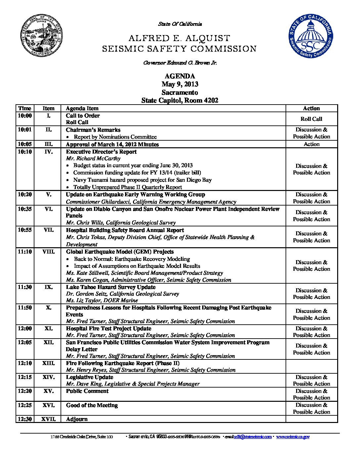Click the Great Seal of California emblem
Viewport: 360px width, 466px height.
tap(42, 36)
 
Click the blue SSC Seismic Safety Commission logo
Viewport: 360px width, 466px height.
tap(310, 36)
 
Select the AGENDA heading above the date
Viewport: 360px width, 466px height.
tap(180, 76)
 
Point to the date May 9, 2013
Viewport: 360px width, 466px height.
tap(180, 84)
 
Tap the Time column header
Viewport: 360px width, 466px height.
tap(25, 108)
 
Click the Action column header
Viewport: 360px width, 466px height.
tap(311, 108)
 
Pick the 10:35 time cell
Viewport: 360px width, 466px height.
tap(25, 209)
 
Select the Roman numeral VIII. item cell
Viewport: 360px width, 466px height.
tap(48, 252)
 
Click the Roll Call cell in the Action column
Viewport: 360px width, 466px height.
tap(311, 119)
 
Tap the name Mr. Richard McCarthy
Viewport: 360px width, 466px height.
tap(93, 159)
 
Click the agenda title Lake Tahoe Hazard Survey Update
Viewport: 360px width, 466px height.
tap(111, 287)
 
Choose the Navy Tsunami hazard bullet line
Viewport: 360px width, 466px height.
tap(142, 180)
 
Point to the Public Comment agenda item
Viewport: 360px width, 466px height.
tap(87, 391)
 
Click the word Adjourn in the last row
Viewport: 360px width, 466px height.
tap(77, 419)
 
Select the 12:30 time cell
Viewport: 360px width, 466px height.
tap(25, 419)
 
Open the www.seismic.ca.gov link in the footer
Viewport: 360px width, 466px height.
tap(293, 437)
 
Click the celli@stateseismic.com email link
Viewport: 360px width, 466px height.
tap(252, 437)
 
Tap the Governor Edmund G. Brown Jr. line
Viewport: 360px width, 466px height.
tap(180, 63)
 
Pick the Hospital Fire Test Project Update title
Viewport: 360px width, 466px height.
tap(109, 329)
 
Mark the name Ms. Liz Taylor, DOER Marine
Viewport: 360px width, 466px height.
tap(102, 301)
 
